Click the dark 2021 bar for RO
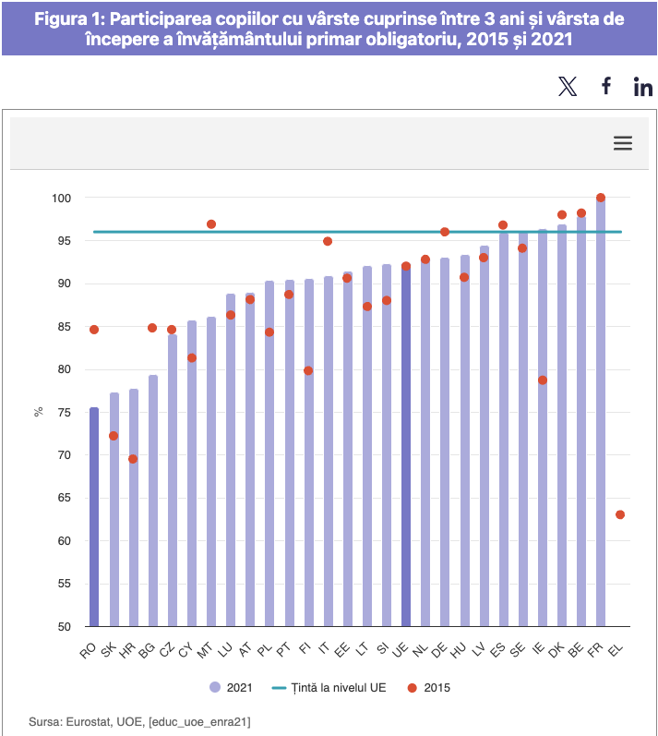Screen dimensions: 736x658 point(94,517)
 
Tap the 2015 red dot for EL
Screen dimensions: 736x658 point(620,514)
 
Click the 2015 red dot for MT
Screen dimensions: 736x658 point(211,224)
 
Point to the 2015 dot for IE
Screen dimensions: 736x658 point(543,380)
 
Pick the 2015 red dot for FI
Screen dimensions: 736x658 point(308,370)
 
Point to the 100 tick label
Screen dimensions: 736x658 point(61,199)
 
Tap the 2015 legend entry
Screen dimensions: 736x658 point(430,687)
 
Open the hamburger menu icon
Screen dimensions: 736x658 point(623,143)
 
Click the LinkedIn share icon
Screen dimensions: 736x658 point(643,87)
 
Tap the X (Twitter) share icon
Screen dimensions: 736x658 point(568,87)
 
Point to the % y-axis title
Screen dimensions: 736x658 point(39,412)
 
